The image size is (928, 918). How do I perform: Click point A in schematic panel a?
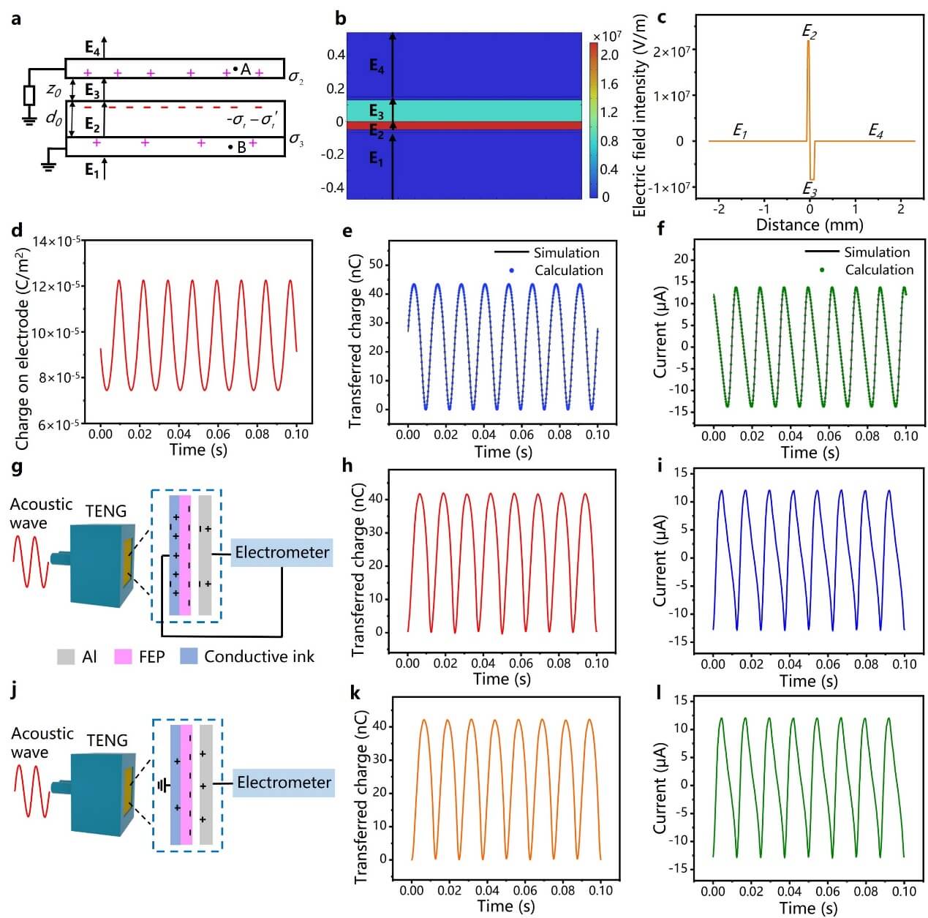pyautogui.click(x=235, y=69)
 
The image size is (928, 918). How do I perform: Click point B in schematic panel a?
pyautogui.click(x=231, y=147)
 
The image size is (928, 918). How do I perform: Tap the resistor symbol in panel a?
pyautogui.click(x=30, y=96)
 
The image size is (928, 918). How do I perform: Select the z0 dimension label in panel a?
pyautogui.click(x=53, y=90)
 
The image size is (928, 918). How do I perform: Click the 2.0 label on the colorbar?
pyautogui.click(x=609, y=55)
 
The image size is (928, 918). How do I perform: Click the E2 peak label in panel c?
pyautogui.click(x=809, y=31)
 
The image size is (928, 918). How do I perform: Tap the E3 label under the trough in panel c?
pyautogui.click(x=810, y=189)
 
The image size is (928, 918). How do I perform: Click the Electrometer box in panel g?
pyautogui.click(x=282, y=552)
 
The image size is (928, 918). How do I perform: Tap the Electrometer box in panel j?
pyautogui.click(x=284, y=783)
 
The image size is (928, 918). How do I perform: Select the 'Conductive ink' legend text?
pyautogui.click(x=259, y=657)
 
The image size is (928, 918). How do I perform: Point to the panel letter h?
pyautogui.click(x=347, y=465)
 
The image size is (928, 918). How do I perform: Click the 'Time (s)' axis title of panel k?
pyautogui.click(x=506, y=906)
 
